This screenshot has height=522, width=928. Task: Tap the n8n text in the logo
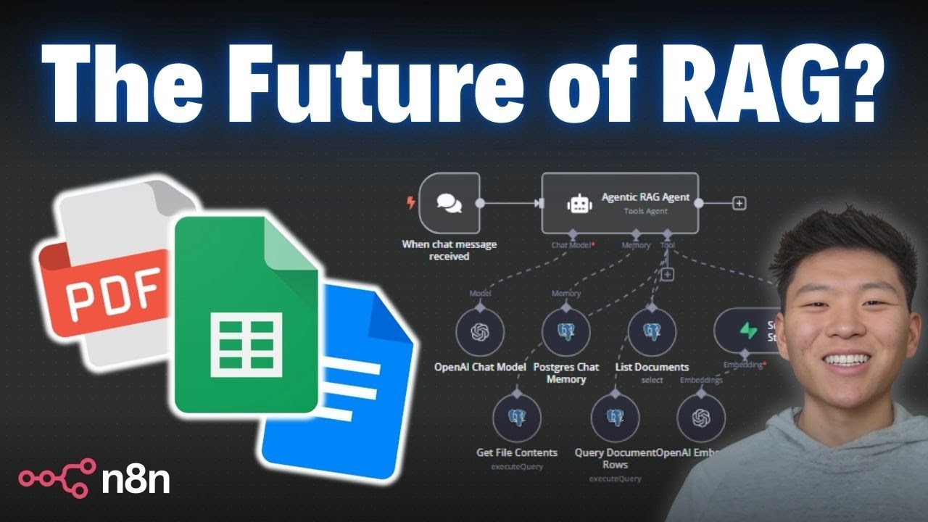(x=136, y=480)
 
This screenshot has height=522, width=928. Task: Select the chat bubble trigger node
(x=449, y=203)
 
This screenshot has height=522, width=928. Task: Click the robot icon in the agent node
(x=577, y=204)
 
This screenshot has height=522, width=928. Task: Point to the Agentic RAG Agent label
(x=645, y=197)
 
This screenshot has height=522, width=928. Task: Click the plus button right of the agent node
(x=739, y=204)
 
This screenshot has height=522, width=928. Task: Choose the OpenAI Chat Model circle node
(x=479, y=331)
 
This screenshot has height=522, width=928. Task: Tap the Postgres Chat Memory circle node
(x=565, y=331)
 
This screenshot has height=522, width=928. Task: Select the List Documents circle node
(x=651, y=331)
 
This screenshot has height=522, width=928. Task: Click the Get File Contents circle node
(x=516, y=418)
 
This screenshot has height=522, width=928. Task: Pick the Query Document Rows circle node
(x=615, y=418)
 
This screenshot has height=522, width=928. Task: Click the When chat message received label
(x=449, y=250)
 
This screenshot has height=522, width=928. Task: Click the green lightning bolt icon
(x=747, y=331)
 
